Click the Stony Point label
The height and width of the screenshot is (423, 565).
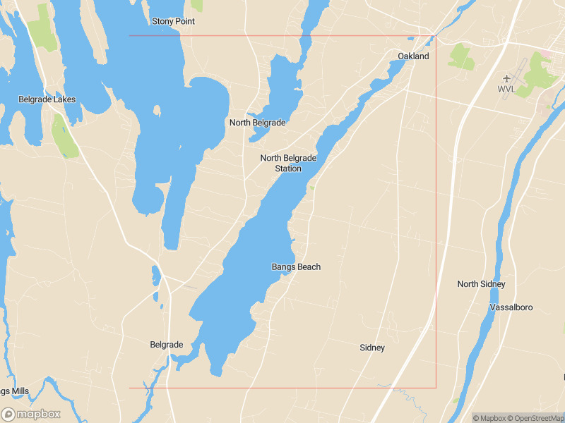[x=173, y=21]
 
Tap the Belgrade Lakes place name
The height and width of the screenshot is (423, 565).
[x=47, y=99]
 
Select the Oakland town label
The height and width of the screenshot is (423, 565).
[x=413, y=56]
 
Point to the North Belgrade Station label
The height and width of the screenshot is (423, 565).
[x=288, y=163]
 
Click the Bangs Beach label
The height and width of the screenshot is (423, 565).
[x=296, y=266]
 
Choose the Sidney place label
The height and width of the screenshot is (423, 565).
[x=372, y=348]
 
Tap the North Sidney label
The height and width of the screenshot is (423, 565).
[x=481, y=284]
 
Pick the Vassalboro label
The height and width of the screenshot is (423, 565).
[x=511, y=307]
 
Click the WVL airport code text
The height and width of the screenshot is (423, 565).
[x=506, y=90]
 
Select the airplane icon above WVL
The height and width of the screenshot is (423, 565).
[x=506, y=78]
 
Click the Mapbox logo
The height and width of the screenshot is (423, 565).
[x=31, y=414]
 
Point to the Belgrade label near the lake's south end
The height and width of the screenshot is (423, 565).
[x=167, y=345]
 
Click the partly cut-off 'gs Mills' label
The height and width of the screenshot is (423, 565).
[x=14, y=391]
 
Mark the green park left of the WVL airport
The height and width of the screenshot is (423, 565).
[x=461, y=56]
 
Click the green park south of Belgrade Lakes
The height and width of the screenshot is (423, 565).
[x=64, y=137]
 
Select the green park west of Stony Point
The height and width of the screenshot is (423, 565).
[x=42, y=28]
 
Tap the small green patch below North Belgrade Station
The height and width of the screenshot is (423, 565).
[x=311, y=188]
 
